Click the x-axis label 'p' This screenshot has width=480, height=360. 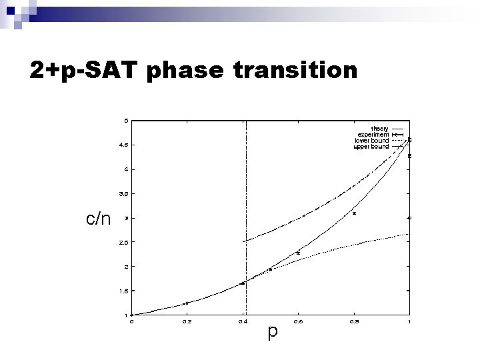(271, 331)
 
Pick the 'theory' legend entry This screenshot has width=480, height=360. (379, 129)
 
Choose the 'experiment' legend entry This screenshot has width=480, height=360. (373, 135)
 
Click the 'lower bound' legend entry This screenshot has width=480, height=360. (371, 141)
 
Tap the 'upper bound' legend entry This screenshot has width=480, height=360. (371, 147)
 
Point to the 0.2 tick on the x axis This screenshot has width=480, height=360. (187, 321)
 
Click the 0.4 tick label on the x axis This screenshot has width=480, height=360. (242, 321)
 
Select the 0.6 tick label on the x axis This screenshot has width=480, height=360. (298, 321)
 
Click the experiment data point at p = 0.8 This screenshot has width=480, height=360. (354, 213)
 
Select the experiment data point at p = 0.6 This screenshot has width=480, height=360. (298, 253)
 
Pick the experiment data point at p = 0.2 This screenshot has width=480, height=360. (187, 303)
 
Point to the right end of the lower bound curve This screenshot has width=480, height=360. (409, 233)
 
